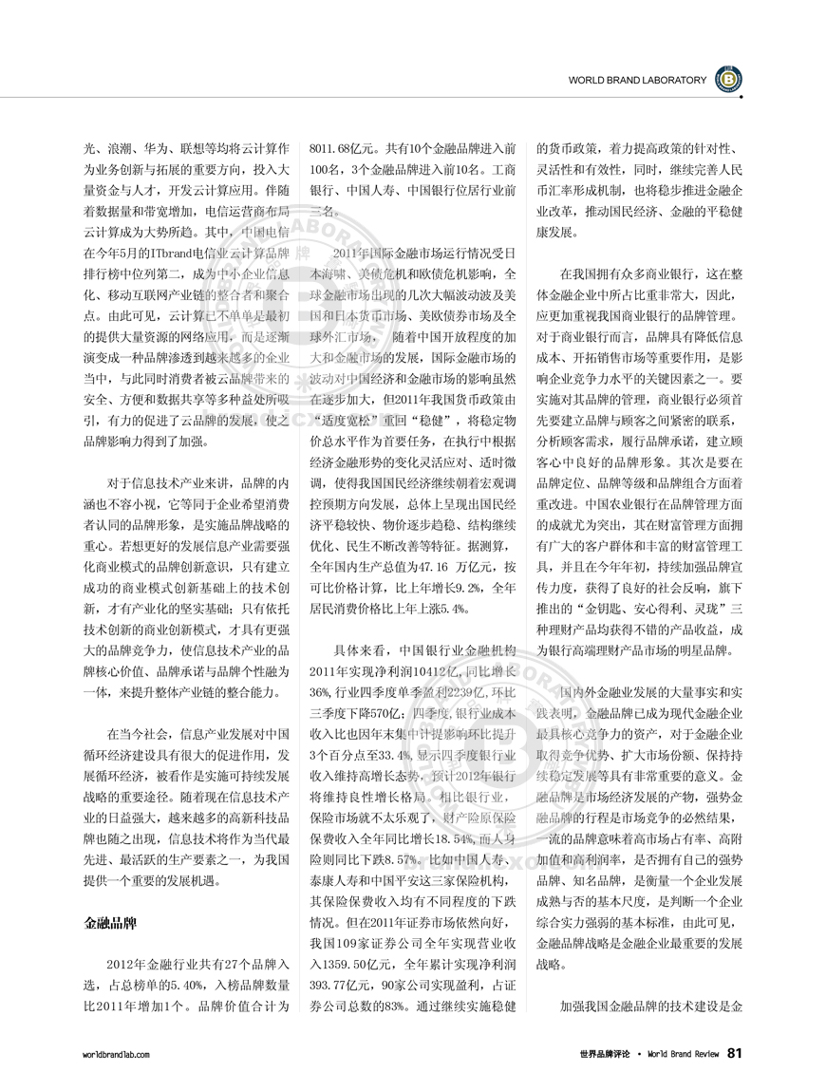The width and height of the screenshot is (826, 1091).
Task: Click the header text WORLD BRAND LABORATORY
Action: tap(637, 81)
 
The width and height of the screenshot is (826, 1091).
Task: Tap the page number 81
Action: tap(735, 1053)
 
